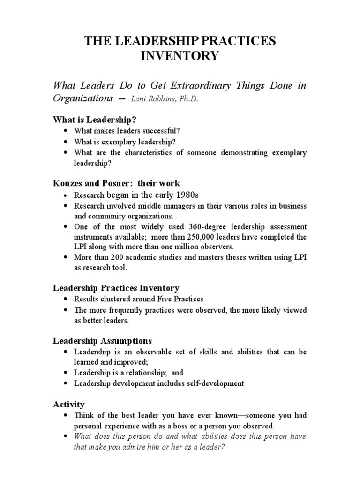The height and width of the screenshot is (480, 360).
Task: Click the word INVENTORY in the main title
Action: (180, 57)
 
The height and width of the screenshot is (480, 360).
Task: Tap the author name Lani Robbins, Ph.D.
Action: (161, 99)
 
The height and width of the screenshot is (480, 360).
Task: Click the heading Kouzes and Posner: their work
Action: (116, 183)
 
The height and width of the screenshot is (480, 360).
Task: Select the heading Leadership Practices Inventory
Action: (115, 288)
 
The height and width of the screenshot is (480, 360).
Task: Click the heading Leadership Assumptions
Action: (102, 340)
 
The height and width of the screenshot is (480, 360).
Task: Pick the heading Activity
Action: (68, 404)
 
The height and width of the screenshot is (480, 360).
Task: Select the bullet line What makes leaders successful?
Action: (127, 131)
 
